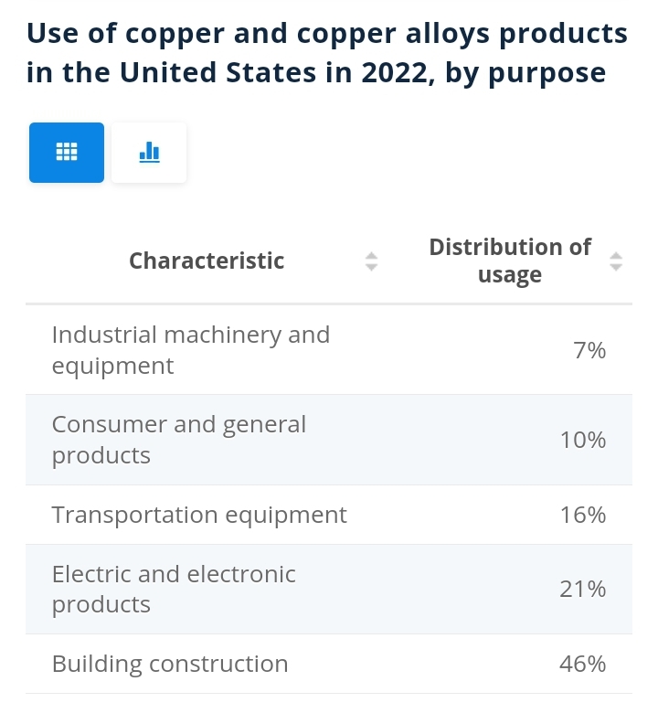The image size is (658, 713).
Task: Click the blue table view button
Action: click(67, 153)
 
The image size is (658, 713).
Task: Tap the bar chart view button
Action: click(149, 153)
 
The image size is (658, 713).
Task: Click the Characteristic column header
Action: click(207, 261)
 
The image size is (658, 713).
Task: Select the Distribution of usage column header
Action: click(510, 261)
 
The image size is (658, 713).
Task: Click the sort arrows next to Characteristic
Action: click(372, 261)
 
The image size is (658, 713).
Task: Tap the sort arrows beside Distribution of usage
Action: click(616, 261)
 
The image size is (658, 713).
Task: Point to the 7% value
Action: click(589, 350)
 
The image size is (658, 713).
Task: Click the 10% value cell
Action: click(583, 440)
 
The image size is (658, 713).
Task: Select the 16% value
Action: click(583, 515)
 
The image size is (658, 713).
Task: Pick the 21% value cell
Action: click(583, 589)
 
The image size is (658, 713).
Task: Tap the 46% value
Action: click(583, 664)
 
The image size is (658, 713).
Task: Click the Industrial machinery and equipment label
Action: click(191, 350)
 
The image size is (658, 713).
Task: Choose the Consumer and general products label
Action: click(179, 440)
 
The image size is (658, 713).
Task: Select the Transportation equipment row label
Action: click(199, 516)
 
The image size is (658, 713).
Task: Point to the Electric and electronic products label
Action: click(174, 589)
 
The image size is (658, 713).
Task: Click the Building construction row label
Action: click(170, 664)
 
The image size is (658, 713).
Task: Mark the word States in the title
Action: click(271, 72)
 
